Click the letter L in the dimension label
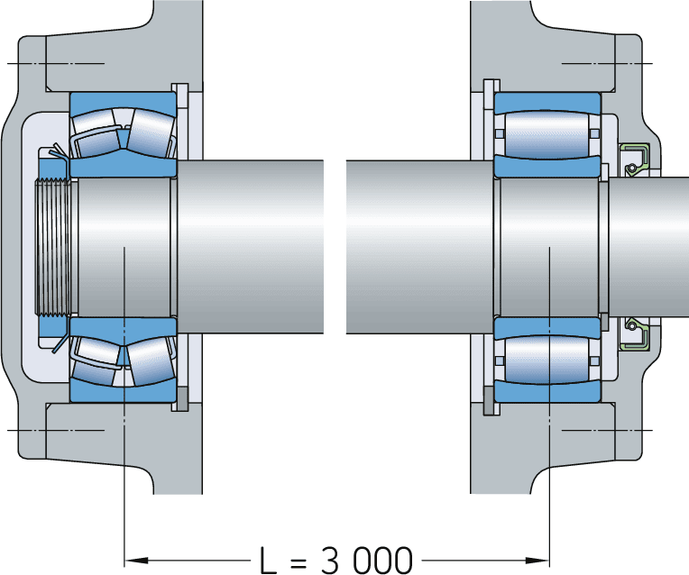pyautogui.click(x=268, y=559)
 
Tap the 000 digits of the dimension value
pyautogui.click(x=382, y=559)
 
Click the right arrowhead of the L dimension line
pyautogui.click(x=544, y=552)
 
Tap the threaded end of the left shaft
pyautogui.click(x=53, y=245)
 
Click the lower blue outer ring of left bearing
pyautogui.click(x=123, y=392)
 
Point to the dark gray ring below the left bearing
pyautogui.click(x=183, y=397)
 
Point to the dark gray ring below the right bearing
pyautogui.click(x=489, y=397)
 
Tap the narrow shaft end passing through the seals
pyautogui.click(x=649, y=245)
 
